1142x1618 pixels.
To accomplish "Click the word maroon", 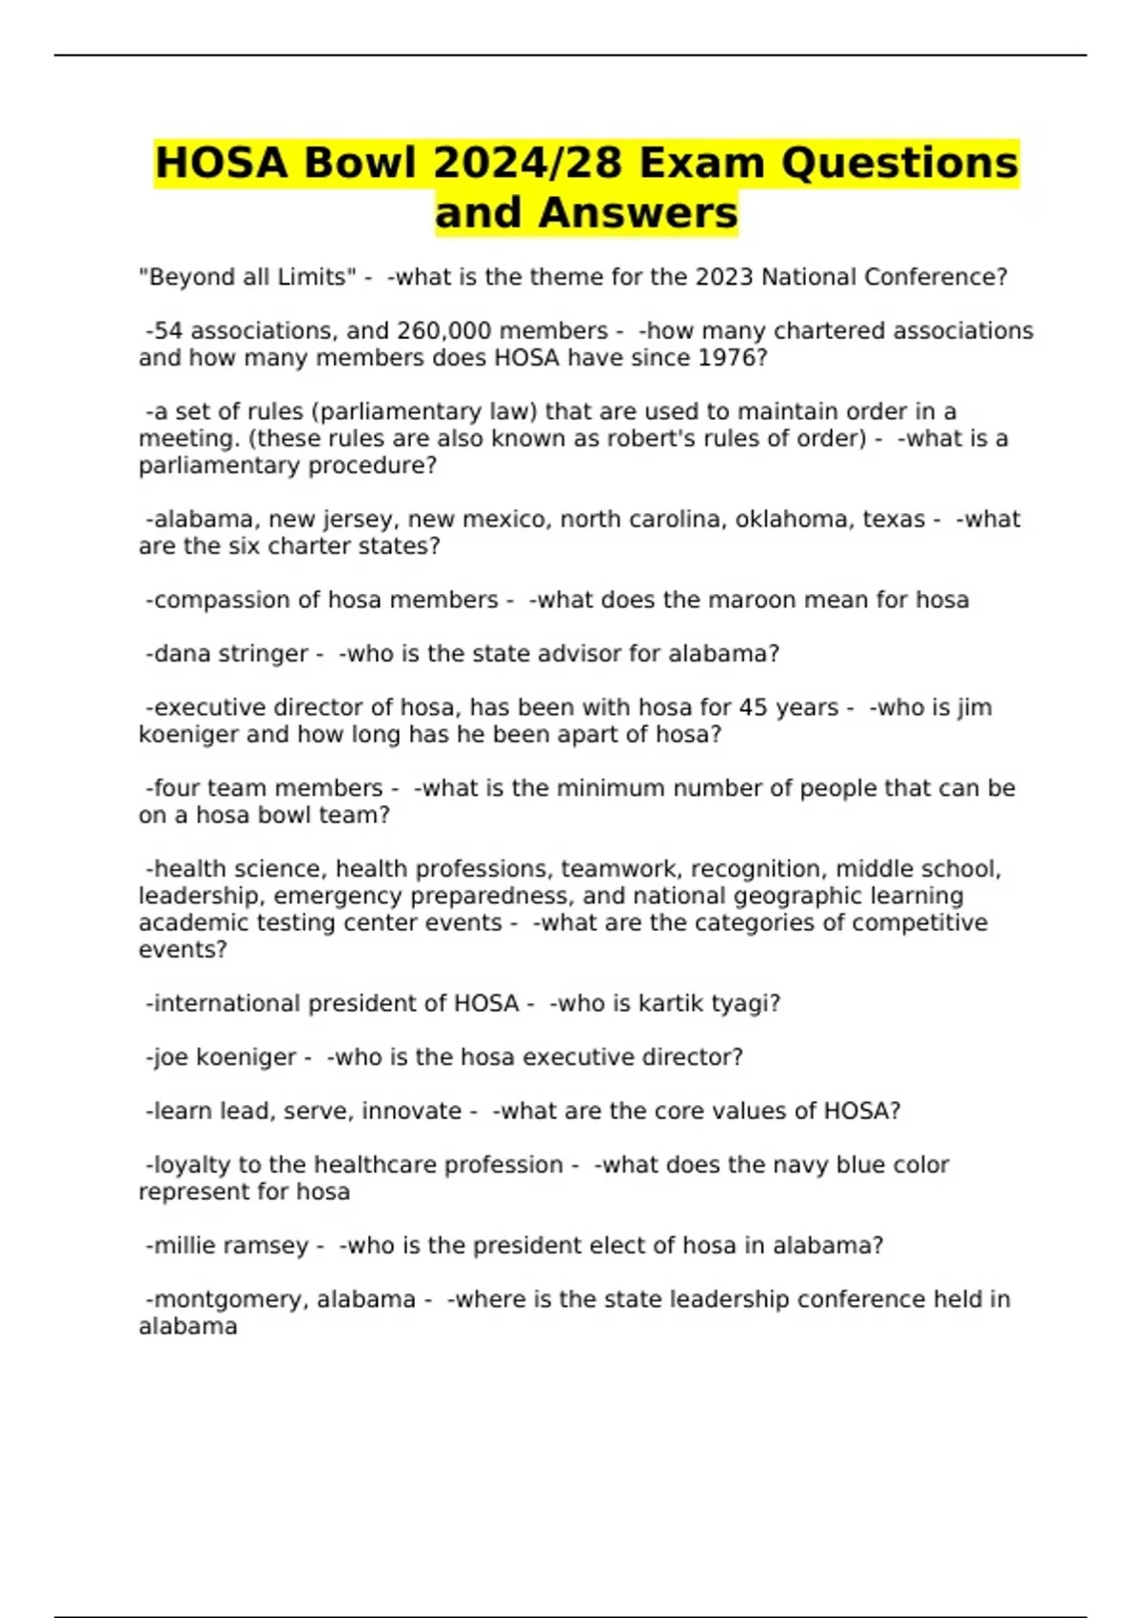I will coord(758,601).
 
